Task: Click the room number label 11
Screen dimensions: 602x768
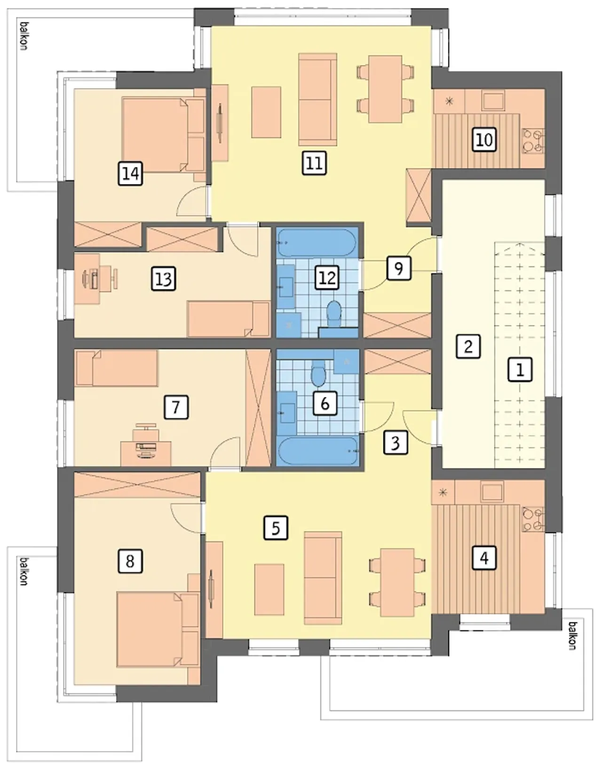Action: tap(314, 163)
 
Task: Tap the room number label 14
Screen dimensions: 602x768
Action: tap(131, 174)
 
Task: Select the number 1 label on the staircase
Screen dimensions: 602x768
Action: tap(520, 370)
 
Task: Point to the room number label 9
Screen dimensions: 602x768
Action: tap(398, 268)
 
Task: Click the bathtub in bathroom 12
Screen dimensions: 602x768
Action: tap(317, 243)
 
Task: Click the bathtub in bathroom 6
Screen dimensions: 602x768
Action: tap(317, 451)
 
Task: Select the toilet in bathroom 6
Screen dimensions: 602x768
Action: tap(319, 373)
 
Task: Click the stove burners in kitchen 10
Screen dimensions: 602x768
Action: tap(533, 142)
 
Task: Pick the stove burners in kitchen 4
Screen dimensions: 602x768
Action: tap(533, 519)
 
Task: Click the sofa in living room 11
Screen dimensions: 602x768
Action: tap(317, 99)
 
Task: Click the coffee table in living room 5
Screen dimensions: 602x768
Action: tap(269, 589)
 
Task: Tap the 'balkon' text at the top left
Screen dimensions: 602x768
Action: tap(24, 36)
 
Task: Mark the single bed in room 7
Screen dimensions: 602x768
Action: tap(117, 368)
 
